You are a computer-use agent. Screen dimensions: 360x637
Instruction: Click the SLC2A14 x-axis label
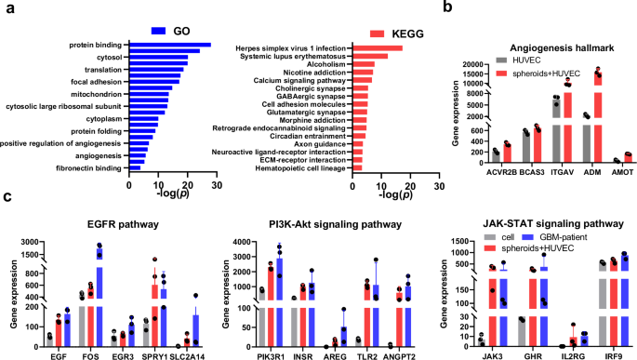pyautogui.click(x=190, y=354)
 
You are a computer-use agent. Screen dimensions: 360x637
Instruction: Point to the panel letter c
pyautogui.click(x=7, y=197)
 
